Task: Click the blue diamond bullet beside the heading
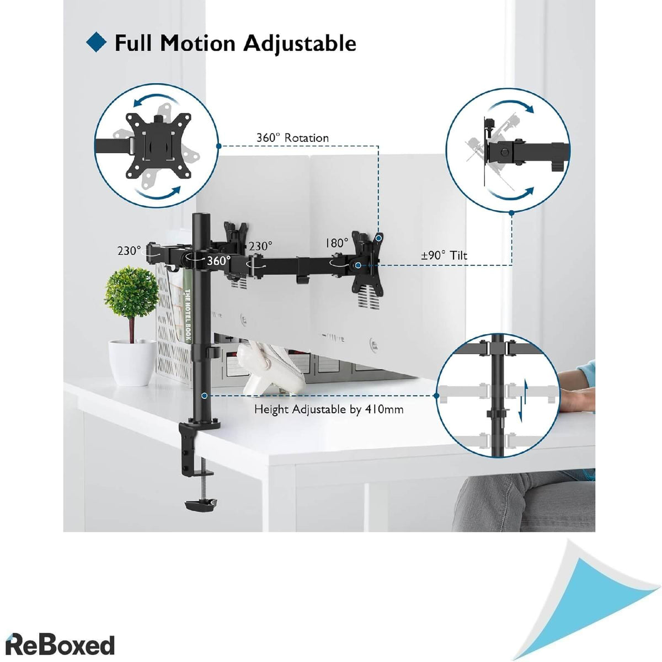coord(97,43)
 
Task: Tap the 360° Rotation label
coord(292,138)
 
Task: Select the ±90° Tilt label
coord(444,255)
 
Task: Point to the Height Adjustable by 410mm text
coord(329,409)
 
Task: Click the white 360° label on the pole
coord(218,261)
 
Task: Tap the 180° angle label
coord(337,243)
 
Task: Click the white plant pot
coord(132,361)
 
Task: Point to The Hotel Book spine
coord(188,315)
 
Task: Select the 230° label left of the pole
coord(129,250)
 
